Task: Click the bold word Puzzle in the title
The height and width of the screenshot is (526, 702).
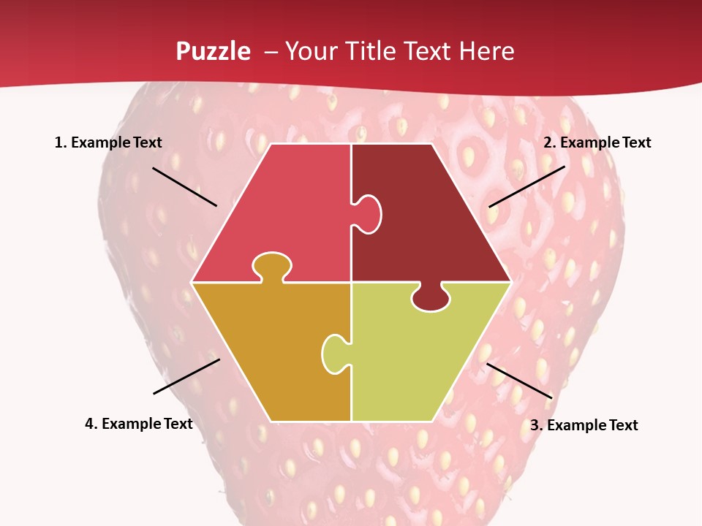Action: click(x=213, y=51)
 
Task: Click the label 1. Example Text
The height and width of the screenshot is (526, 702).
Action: click(x=108, y=142)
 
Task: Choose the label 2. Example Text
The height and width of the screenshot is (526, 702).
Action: click(x=597, y=142)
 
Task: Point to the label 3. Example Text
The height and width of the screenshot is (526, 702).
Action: click(x=584, y=425)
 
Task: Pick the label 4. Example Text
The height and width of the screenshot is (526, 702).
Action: click(x=139, y=424)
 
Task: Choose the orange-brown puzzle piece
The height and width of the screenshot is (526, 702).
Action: click(x=271, y=351)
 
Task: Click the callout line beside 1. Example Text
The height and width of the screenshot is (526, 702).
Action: click(x=184, y=187)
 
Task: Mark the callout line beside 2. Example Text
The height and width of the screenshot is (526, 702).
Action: click(x=526, y=186)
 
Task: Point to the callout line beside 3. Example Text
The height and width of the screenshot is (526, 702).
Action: click(x=519, y=381)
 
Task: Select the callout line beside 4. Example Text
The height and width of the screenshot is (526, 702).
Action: click(x=186, y=376)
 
